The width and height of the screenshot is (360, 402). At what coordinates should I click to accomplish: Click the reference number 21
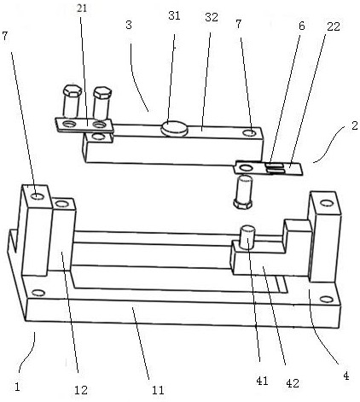82,9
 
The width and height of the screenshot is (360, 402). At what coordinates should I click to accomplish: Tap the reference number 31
174,15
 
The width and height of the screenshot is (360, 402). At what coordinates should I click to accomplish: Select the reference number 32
212,17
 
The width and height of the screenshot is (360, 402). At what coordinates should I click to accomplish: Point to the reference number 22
334,26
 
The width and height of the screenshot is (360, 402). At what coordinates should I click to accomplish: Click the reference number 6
302,26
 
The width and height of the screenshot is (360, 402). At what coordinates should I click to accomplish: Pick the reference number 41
262,381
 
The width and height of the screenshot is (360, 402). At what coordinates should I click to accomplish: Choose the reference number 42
293,383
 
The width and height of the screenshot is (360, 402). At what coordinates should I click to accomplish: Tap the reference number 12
81,390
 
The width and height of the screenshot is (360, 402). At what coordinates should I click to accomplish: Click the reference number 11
158,390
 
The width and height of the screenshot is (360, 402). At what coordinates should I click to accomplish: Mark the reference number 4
345,376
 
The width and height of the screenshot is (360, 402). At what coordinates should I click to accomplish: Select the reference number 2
354,125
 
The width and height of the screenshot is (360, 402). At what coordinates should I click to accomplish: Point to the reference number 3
129,25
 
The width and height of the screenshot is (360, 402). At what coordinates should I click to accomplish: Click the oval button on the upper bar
174,128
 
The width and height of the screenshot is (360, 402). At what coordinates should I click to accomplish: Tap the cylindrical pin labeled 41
247,236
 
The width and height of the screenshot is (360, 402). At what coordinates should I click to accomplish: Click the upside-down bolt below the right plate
243,191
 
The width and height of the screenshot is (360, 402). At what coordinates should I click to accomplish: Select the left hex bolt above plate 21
72,101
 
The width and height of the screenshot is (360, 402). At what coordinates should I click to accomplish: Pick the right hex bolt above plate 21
102,103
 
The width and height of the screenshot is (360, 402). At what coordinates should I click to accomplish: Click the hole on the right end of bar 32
250,132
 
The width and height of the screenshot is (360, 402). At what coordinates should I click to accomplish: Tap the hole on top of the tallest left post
38,196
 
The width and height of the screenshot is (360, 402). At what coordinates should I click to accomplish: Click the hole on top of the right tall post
327,203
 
